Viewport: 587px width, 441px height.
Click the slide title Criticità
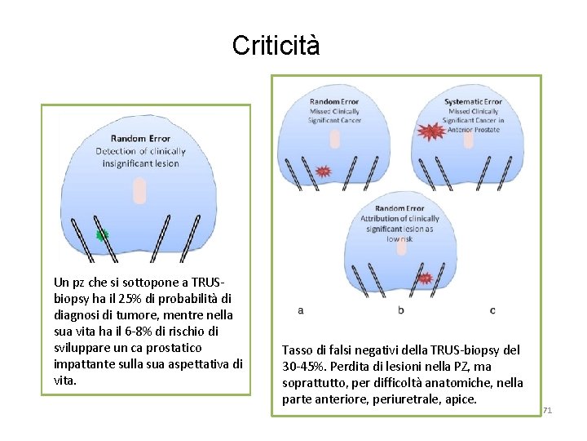coord(276,46)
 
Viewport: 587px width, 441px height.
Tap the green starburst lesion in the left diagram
coord(102,235)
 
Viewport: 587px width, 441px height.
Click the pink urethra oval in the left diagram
coord(140,190)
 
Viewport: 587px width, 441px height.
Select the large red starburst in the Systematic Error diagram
coord(429,131)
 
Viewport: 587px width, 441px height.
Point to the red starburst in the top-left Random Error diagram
coord(323,171)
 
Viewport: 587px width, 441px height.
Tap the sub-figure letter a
coord(301,310)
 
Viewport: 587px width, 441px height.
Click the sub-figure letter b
coord(401,310)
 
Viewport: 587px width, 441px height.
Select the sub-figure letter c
coord(492,310)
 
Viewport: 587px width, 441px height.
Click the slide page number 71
coord(547,410)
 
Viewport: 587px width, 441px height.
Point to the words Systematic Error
coord(473,102)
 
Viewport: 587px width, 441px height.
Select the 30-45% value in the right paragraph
coord(300,367)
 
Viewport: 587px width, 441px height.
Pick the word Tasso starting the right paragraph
coord(298,350)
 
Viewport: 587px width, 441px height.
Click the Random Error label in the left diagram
coord(140,139)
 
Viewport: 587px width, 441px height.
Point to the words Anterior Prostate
coord(474,130)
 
